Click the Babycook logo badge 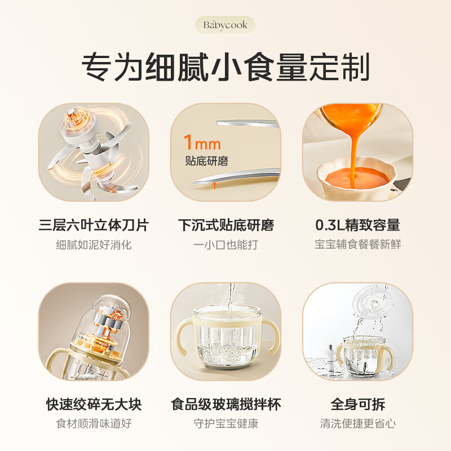[225, 25]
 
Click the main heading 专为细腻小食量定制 [225, 67]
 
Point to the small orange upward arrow [215, 184]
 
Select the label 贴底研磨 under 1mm [206, 161]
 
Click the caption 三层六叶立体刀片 [94, 225]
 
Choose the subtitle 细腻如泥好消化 [94, 245]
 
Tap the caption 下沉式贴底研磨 [225, 225]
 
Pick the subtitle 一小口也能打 [225, 245]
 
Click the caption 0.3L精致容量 [357, 225]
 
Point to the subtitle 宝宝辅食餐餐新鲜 [357, 245]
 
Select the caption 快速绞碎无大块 [94, 404]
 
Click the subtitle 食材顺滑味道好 [94, 423]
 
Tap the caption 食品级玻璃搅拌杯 [225, 404]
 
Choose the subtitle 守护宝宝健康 [225, 423]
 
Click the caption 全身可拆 [357, 404]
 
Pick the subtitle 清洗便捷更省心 [357, 423]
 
